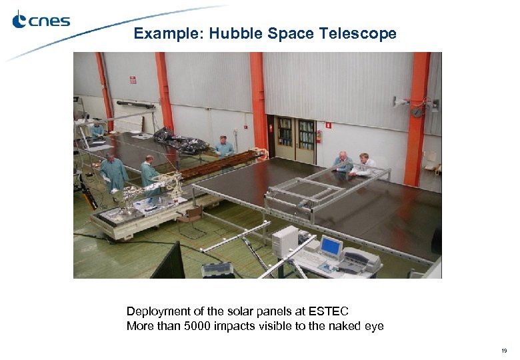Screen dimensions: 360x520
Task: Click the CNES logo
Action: pos(41,21)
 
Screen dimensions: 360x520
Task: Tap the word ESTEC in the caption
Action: pos(329,311)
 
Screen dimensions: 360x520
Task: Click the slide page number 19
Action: pos(504,350)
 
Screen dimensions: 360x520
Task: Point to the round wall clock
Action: pos(417,111)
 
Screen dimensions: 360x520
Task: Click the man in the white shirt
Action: pos(364,165)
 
